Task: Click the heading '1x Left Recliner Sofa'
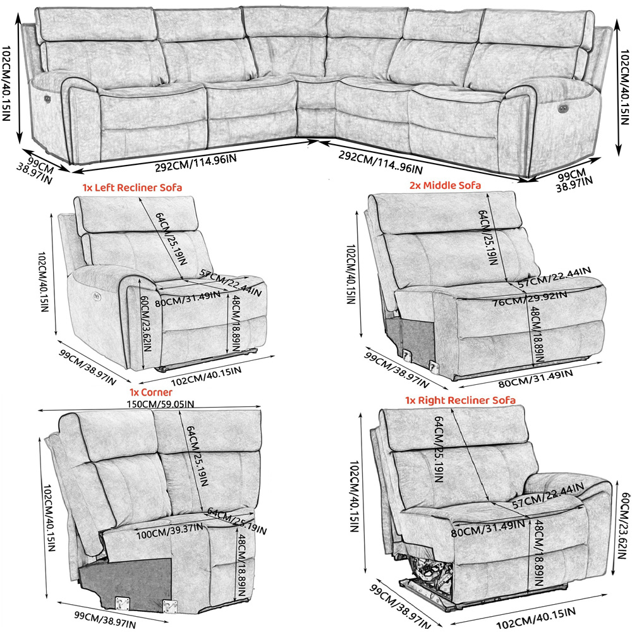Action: (x=132, y=188)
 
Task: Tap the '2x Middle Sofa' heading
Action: (x=445, y=185)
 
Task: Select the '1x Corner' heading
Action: (x=151, y=392)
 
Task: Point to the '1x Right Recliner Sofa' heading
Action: (x=460, y=400)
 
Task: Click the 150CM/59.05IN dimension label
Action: (x=161, y=404)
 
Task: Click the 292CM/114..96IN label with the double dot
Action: (x=380, y=162)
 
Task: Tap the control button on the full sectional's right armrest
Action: (x=562, y=107)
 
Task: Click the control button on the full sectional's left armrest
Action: (x=47, y=99)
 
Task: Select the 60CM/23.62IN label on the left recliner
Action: (x=145, y=324)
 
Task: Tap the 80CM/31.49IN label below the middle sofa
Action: (x=535, y=379)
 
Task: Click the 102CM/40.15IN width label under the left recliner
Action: (x=207, y=376)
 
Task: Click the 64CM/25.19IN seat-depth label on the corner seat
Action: (x=237, y=521)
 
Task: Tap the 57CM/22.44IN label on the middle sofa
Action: (x=554, y=277)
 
